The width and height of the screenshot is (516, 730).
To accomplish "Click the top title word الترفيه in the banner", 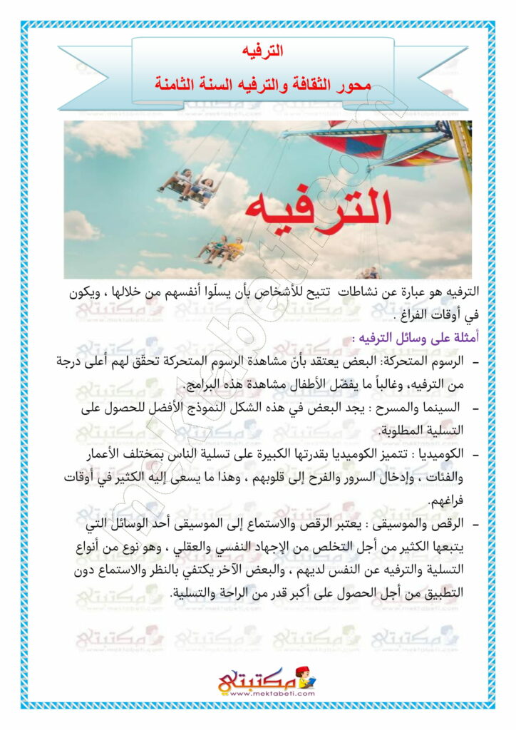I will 262,51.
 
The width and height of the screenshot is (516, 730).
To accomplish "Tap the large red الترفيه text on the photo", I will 319,206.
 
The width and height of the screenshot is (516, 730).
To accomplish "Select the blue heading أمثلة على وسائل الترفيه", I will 406,336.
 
